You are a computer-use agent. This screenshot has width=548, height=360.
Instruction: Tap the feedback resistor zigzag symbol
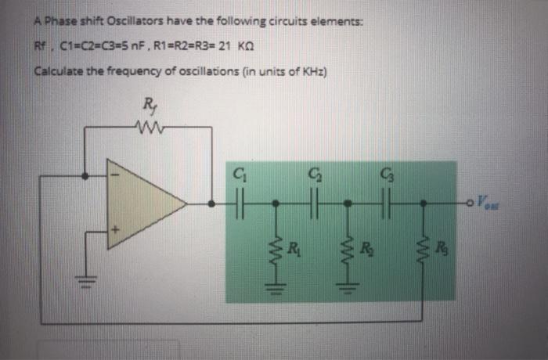150,125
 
